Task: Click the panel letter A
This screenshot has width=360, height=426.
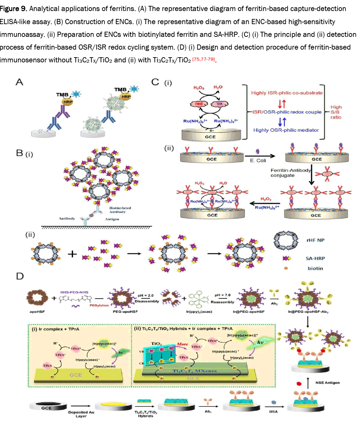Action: click(x=20, y=82)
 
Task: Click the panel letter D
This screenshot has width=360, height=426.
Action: click(x=20, y=276)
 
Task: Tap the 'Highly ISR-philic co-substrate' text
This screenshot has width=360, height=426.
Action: click(x=287, y=93)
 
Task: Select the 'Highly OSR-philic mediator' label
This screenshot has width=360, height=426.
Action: click(x=286, y=130)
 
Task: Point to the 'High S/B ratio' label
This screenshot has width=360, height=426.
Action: click(x=336, y=112)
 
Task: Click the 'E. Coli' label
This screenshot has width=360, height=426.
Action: click(x=258, y=161)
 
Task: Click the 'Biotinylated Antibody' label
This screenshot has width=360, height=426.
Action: click(x=120, y=210)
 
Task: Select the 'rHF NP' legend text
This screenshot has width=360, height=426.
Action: click(x=315, y=240)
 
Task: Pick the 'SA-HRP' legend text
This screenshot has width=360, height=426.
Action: click(x=315, y=258)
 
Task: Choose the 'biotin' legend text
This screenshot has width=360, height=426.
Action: click(x=315, y=268)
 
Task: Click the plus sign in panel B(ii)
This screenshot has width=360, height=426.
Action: click(x=72, y=254)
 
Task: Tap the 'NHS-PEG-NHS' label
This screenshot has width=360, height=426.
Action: click(x=74, y=292)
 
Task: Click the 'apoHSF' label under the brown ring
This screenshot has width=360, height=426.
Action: click(x=37, y=312)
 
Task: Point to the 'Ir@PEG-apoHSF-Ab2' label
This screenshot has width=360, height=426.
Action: click(x=308, y=312)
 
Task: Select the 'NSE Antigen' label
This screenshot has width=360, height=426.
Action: click(x=327, y=383)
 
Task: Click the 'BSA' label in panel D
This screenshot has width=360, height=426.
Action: click(x=273, y=412)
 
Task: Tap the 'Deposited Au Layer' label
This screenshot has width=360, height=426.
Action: click(x=81, y=414)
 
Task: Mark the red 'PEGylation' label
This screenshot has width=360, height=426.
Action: click(x=99, y=305)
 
